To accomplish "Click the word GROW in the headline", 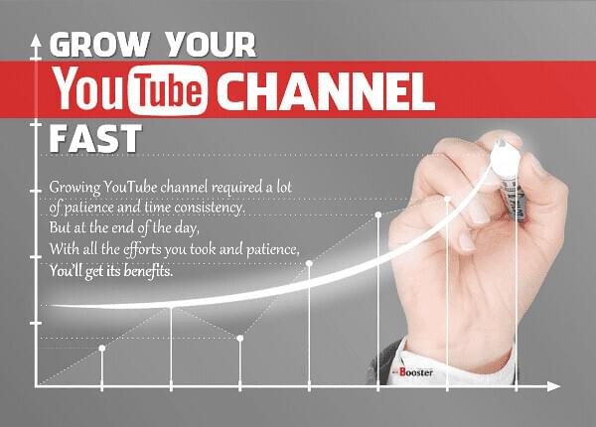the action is pyautogui.click(x=100, y=45).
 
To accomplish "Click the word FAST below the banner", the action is pyautogui.click(x=95, y=138).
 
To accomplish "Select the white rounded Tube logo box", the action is pyautogui.click(x=168, y=90).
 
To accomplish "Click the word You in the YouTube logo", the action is pyautogui.click(x=89, y=88).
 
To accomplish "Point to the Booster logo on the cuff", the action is pyautogui.click(x=413, y=372).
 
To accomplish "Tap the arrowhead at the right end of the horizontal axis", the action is pyautogui.click(x=554, y=386).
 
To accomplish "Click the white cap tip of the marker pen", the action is pyautogui.click(x=505, y=155).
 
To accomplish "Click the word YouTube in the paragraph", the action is pyautogui.click(x=130, y=187).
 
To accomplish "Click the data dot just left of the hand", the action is pyautogui.click(x=378, y=215).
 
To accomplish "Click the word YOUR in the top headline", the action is pyautogui.click(x=211, y=45).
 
